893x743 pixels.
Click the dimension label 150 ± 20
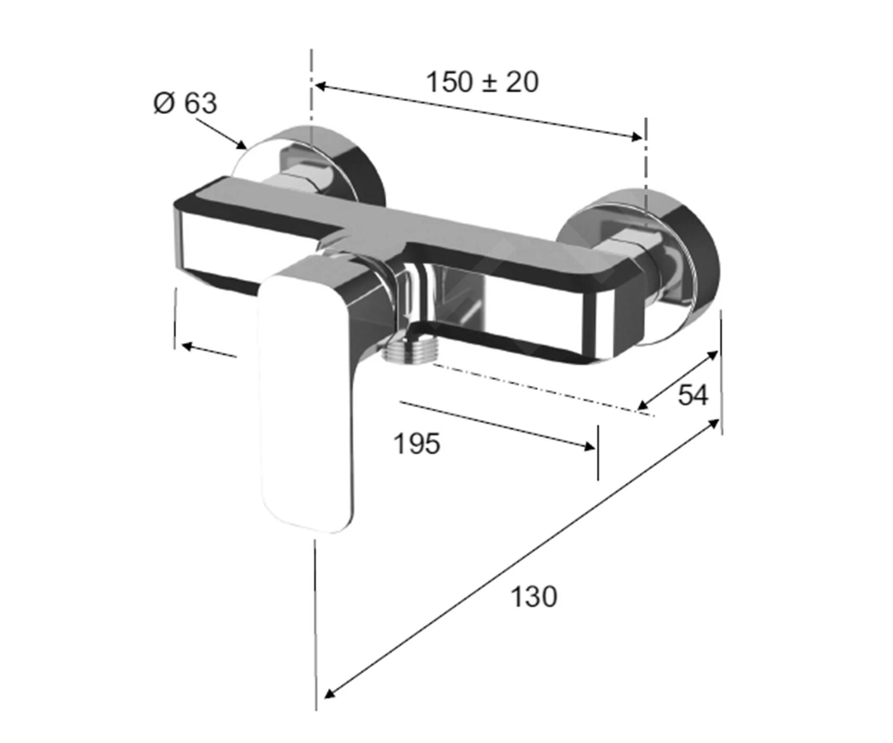coord(483,83)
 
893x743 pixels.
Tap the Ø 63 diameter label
coord(185,103)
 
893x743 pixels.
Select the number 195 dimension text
coord(417,444)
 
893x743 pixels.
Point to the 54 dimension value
coord(693,395)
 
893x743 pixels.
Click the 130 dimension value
coord(534,597)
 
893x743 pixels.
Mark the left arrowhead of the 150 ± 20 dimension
coord(321,86)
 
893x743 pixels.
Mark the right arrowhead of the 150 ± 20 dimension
coord(636,137)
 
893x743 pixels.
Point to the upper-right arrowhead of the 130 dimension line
coord(712,424)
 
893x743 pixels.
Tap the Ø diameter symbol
coord(164,104)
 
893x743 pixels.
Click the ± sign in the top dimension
coord(491,83)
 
